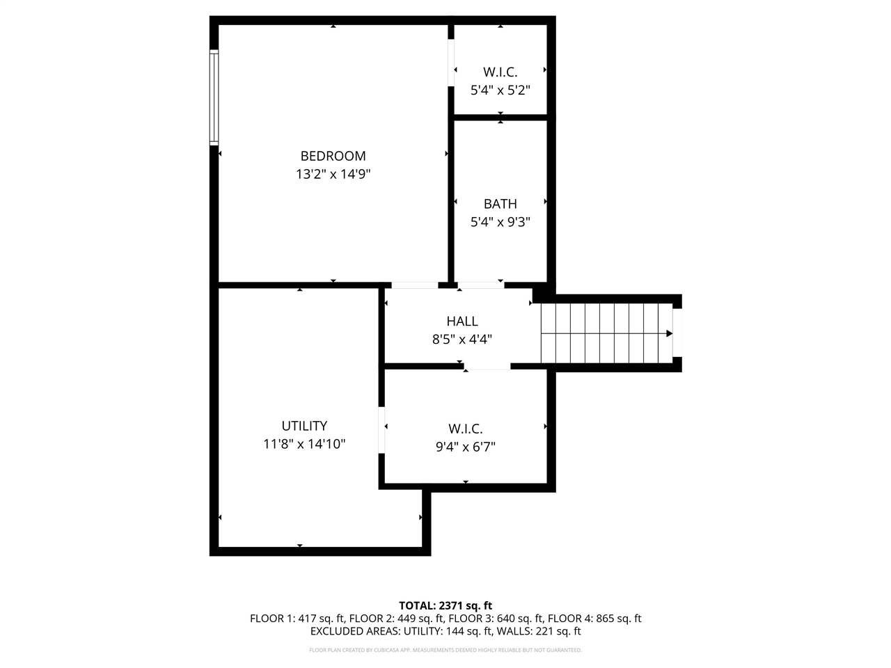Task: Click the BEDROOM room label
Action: pos(333,156)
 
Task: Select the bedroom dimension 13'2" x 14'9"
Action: pos(333,174)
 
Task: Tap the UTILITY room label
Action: pos(304,426)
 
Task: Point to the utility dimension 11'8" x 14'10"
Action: pos(304,444)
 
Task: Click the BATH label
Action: pos(500,204)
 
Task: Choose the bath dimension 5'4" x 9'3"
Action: pos(500,222)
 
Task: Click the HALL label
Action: pos(462,321)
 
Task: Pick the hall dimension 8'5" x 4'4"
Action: pos(462,340)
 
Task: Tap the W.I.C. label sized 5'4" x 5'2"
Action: pos(500,72)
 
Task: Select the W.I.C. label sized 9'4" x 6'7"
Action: pos(465,429)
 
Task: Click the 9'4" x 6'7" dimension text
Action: pos(465,447)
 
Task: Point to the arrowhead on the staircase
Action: pos(669,334)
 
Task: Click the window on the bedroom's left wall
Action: pos(214,97)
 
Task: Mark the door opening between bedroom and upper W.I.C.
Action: pos(451,63)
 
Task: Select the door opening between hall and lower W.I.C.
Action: pos(487,366)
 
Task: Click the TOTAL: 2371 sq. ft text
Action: pos(445,605)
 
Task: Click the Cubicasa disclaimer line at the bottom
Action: pos(445,650)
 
